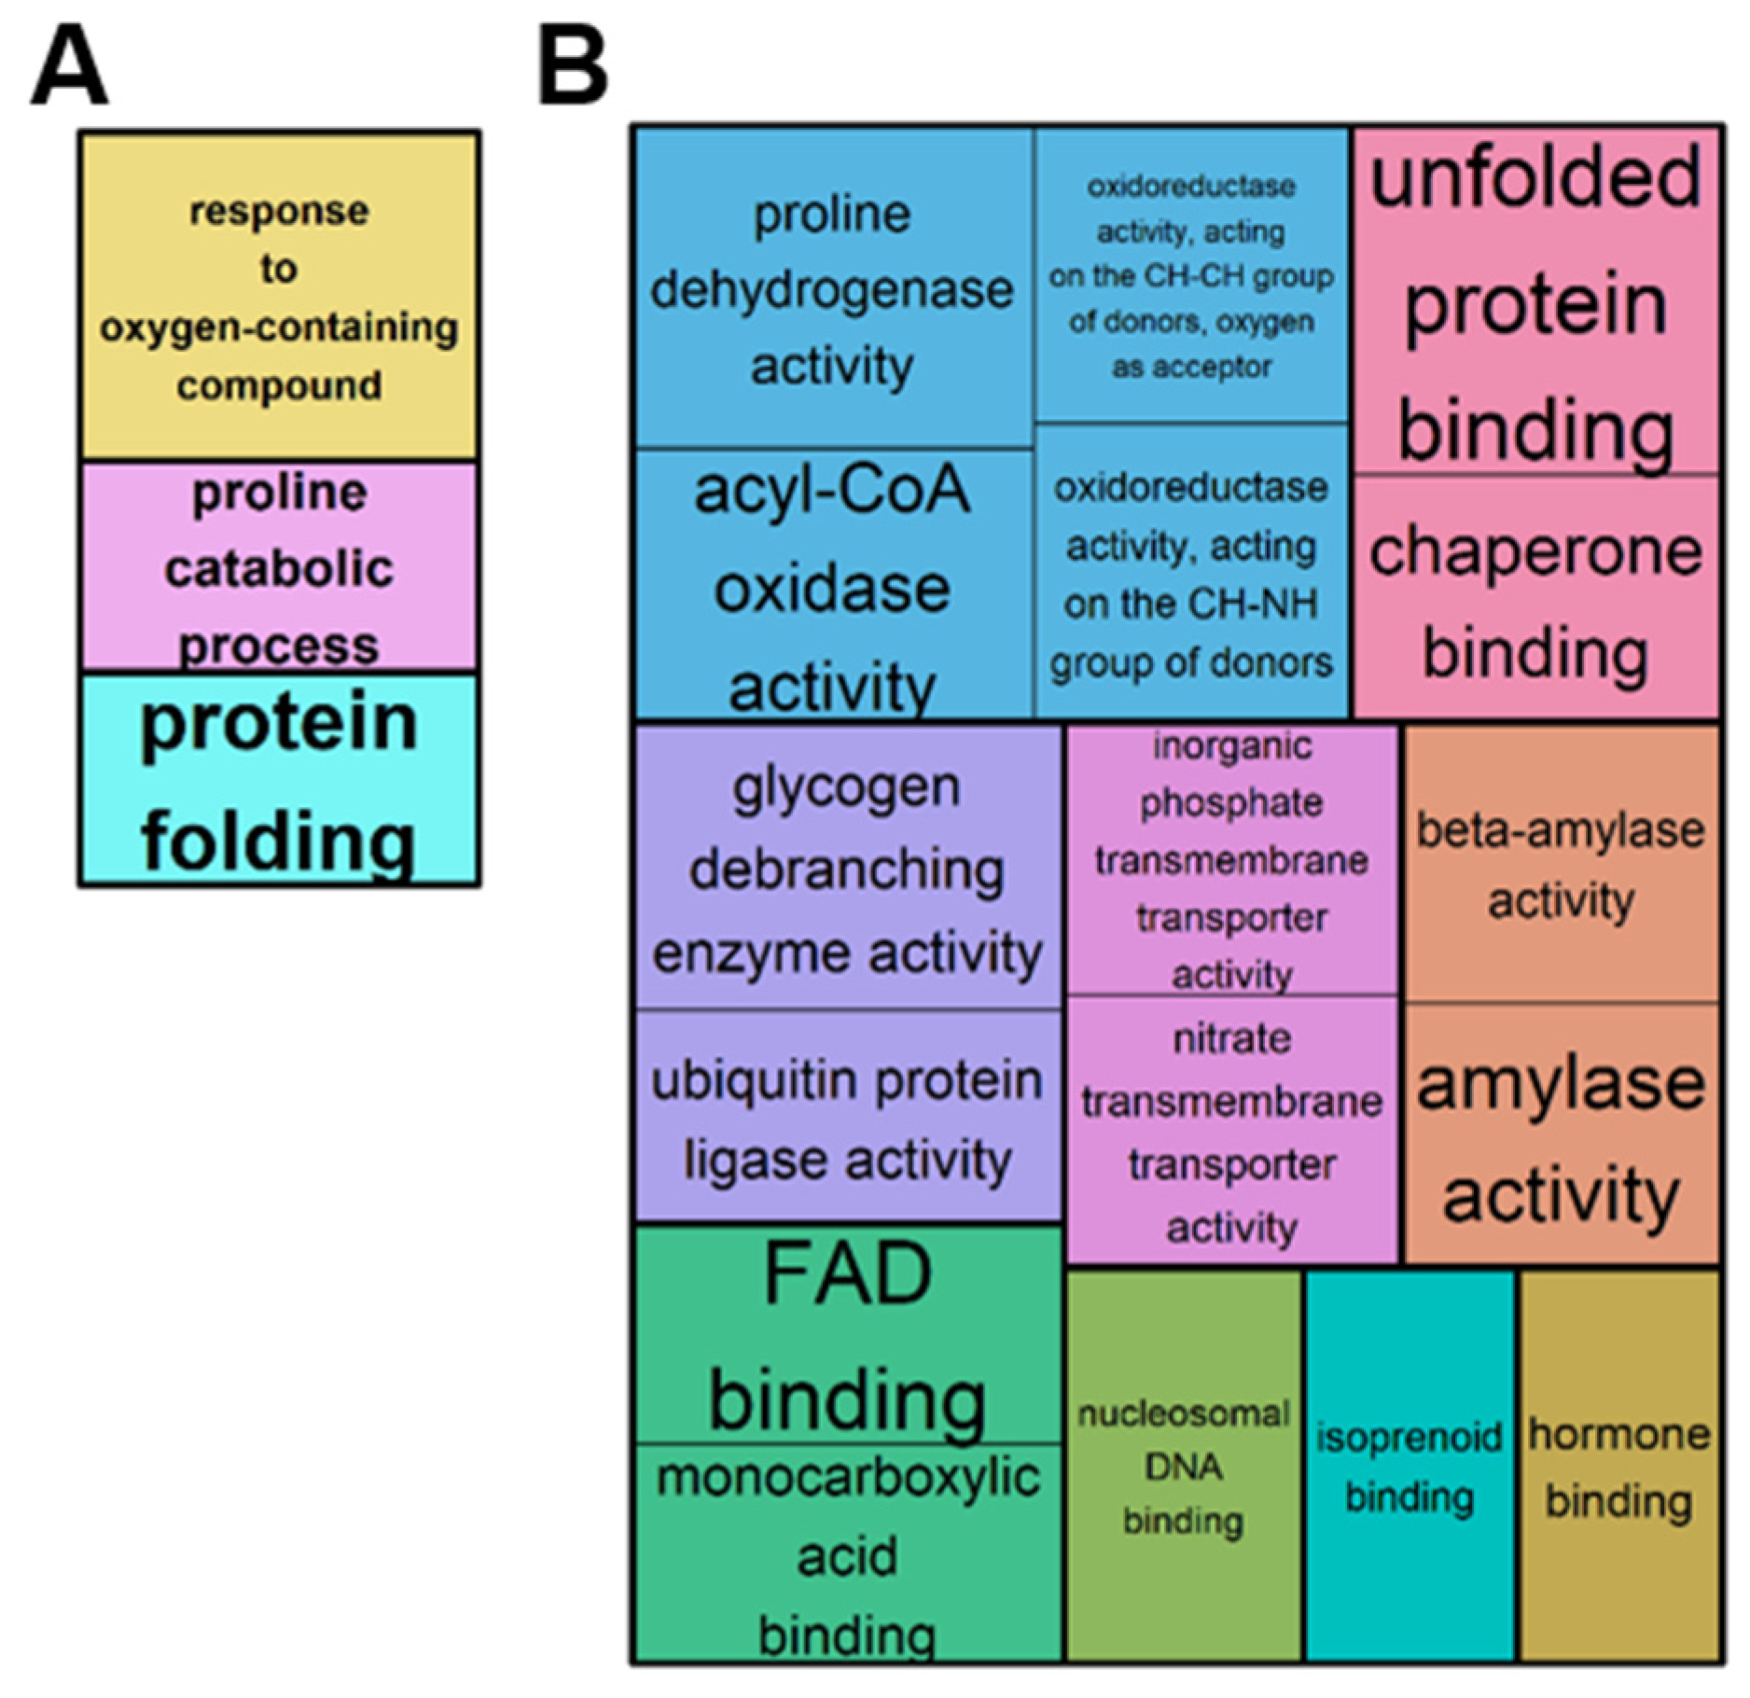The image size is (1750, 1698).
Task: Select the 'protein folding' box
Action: coord(279,779)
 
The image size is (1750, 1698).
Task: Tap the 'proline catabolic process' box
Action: coord(279,567)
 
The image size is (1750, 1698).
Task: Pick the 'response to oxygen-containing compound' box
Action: coord(279,297)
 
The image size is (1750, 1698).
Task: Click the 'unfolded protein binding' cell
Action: coord(1535,301)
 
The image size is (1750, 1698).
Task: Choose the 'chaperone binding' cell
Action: coord(1535,598)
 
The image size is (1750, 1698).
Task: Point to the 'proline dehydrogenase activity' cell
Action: coord(832,289)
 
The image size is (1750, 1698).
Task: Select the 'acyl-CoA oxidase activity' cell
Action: coord(832,586)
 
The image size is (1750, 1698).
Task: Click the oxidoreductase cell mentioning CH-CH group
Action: coord(1191,276)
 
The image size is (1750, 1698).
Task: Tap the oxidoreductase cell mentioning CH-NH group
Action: coord(1191,573)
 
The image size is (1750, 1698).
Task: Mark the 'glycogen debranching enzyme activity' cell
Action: coord(847,868)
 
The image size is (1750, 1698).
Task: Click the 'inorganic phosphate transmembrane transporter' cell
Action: coord(1231,859)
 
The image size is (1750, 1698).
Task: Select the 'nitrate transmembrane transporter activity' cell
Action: coord(1231,1131)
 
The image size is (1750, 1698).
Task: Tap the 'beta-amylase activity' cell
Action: coord(1561,864)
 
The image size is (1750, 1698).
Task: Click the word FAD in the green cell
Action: coord(847,1274)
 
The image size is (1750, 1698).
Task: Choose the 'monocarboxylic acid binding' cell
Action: coord(847,1553)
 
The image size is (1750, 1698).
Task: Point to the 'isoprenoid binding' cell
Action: coord(1409,1466)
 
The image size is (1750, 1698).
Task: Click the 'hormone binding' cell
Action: coord(1618,1466)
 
